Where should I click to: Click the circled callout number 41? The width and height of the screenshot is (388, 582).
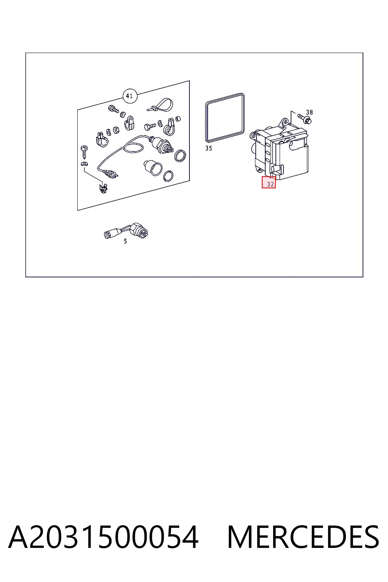(130, 96)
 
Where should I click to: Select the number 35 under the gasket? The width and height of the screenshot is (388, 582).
(209, 149)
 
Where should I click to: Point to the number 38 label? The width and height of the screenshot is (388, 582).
(309, 112)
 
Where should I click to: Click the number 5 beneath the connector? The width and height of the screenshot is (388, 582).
(125, 241)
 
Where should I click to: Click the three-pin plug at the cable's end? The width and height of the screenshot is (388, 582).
(112, 174)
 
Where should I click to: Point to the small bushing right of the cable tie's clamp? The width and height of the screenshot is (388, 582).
(178, 119)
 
